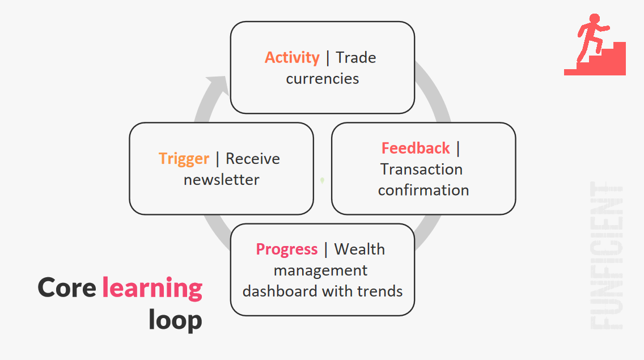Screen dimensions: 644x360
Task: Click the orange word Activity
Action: (x=292, y=58)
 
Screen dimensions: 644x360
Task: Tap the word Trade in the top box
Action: (x=355, y=57)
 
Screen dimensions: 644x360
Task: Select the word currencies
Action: (x=323, y=78)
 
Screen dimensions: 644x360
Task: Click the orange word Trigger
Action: (x=184, y=159)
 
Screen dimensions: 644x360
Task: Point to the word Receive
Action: (x=253, y=159)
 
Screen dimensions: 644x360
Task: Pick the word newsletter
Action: (x=221, y=180)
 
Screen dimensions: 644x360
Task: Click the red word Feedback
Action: (x=416, y=148)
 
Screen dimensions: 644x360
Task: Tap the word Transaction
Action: (x=421, y=170)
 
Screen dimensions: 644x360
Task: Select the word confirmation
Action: (x=423, y=190)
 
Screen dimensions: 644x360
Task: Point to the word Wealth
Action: (x=359, y=249)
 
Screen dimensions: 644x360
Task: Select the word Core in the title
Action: (x=66, y=287)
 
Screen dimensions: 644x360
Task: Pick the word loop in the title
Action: (x=175, y=320)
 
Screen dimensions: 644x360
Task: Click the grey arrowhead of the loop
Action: (x=219, y=85)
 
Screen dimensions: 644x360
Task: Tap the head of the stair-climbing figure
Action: (x=594, y=19)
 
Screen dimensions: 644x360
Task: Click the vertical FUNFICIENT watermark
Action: (x=607, y=255)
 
